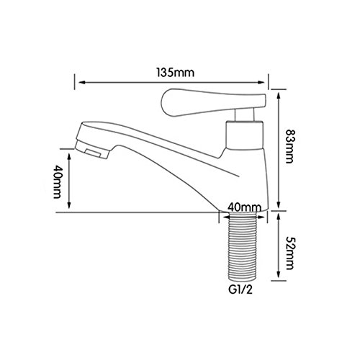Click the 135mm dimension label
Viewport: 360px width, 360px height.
tap(175, 73)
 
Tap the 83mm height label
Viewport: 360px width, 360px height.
tap(289, 147)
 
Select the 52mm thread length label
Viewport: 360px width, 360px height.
tap(289, 253)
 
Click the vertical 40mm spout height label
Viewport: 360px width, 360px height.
tap(57, 181)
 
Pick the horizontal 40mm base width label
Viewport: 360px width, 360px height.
tap(245, 207)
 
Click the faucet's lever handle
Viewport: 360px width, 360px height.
tap(213, 102)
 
